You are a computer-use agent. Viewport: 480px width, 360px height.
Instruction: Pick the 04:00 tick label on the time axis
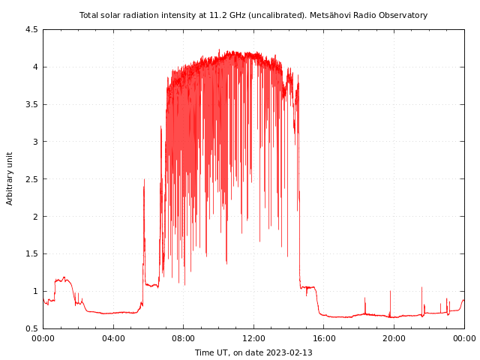point(113,338)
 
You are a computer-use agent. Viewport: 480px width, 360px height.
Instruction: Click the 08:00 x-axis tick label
point(183,338)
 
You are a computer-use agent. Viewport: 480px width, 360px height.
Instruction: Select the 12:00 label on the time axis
point(253,338)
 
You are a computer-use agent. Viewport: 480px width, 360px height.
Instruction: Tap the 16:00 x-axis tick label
point(323,338)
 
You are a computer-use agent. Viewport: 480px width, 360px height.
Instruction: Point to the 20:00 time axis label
point(394,338)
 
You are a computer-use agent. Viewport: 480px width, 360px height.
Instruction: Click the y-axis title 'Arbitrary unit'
point(10,178)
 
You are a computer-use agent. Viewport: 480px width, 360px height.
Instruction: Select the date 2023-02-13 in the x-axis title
point(289,352)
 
